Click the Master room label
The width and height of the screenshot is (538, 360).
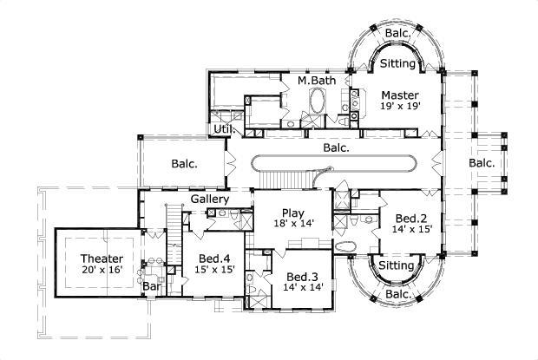(399, 95)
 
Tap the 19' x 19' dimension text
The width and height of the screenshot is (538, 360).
(399, 106)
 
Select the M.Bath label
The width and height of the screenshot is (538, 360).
(316, 81)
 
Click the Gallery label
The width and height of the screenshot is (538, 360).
(209, 200)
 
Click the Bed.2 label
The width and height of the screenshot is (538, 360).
(410, 219)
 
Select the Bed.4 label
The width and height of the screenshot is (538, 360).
(213, 259)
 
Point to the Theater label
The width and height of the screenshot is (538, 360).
(102, 259)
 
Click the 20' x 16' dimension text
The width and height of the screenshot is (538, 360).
(102, 270)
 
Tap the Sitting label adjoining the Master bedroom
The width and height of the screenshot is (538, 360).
(397, 63)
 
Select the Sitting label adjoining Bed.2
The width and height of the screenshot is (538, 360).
(397, 265)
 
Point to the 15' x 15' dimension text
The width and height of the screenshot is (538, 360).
(213, 270)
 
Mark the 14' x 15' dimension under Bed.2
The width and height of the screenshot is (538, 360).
(410, 230)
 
